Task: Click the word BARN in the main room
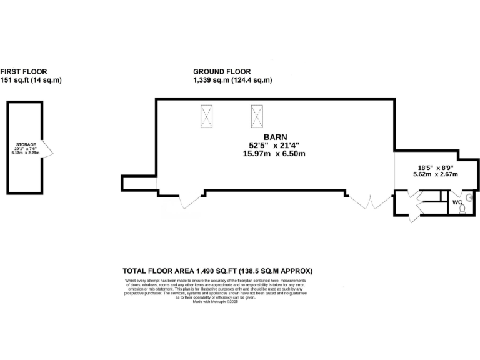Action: click(x=275, y=136)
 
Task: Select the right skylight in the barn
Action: click(x=256, y=116)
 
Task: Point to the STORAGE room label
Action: click(x=26, y=144)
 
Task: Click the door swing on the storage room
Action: click(x=47, y=149)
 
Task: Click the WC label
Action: click(x=457, y=202)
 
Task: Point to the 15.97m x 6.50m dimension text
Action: click(x=275, y=154)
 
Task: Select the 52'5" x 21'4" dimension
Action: click(x=275, y=145)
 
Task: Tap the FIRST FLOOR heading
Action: click(x=24, y=72)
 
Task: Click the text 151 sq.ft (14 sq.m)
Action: click(x=31, y=80)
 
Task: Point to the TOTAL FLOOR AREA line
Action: click(x=217, y=271)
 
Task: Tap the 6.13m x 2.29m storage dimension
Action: click(x=26, y=152)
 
